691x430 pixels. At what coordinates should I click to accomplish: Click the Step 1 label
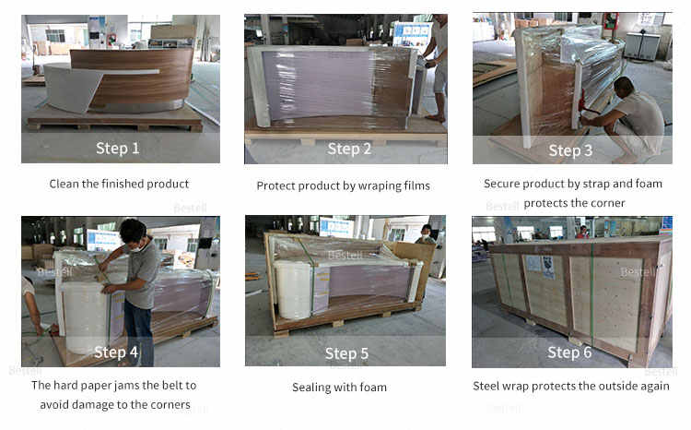click(118, 149)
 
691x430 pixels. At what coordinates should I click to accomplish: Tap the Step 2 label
click(349, 149)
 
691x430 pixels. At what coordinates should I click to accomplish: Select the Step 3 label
click(570, 150)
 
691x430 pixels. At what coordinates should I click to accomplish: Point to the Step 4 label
click(116, 352)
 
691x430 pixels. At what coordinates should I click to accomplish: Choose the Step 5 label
click(346, 353)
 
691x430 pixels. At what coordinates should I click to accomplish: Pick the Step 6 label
click(569, 352)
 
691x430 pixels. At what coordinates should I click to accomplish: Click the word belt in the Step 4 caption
click(172, 386)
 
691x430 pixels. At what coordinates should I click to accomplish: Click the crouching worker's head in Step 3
click(624, 87)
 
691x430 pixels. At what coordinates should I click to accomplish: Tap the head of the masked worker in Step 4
click(133, 233)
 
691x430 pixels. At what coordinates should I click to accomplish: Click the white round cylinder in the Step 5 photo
click(292, 290)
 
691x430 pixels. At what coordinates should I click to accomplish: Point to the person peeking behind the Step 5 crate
click(426, 234)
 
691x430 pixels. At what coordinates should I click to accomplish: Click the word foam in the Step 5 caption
click(373, 388)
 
